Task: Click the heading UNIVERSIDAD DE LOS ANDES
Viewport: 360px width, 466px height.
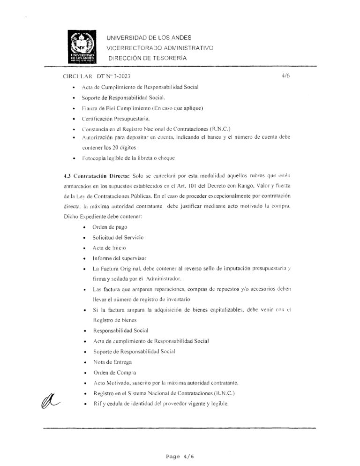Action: click(x=149, y=38)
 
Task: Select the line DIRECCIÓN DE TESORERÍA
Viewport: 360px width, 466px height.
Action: click(x=148, y=58)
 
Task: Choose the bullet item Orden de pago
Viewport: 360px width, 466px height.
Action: click(x=110, y=227)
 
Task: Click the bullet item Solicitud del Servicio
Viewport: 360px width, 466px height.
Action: click(x=118, y=237)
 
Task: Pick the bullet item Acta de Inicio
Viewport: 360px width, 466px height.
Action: click(x=109, y=248)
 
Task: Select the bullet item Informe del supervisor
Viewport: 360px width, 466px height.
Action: click(x=120, y=258)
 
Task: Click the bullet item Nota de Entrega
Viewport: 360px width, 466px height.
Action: click(x=112, y=362)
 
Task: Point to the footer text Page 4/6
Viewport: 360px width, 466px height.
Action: click(x=180, y=455)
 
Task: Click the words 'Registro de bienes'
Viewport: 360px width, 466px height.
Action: click(x=115, y=320)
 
